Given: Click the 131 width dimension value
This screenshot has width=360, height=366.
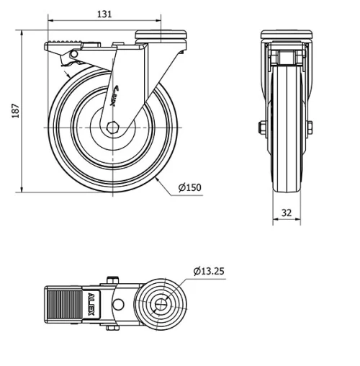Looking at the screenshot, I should point(105,14).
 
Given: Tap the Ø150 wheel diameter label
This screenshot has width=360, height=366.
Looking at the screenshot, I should point(189,187).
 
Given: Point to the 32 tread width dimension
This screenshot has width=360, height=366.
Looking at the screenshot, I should point(287,213).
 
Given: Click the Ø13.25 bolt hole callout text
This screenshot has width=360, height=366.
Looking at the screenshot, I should point(210,272).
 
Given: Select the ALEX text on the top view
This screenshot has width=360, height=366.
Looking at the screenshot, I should point(91,303).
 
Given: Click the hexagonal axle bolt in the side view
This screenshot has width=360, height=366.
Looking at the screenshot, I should point(114,128).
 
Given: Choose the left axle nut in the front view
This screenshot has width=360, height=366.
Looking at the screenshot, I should point(261,128).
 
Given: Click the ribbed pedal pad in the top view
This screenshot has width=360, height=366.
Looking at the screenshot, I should point(63,303).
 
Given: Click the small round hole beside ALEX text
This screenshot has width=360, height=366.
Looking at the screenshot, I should point(117,303).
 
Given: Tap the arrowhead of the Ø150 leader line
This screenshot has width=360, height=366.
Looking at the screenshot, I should point(157,178).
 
